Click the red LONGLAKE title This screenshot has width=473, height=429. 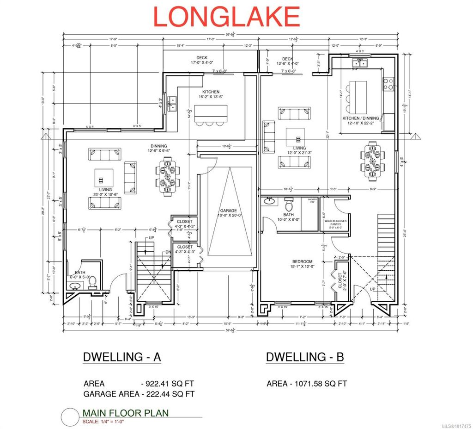coord(226,17)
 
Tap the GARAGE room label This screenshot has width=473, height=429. coord(229,212)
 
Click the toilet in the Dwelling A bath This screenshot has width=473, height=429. coord(91,282)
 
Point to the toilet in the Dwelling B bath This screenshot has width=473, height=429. coord(289,204)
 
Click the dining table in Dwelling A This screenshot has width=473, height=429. coord(166,176)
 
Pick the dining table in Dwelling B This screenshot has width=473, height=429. coord(372,162)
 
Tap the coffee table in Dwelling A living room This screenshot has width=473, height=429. coord(104,176)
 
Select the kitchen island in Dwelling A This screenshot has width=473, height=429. coord(211,113)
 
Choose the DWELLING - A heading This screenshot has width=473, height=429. coord(121,357)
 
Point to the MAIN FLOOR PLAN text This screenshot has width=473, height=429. coord(125,413)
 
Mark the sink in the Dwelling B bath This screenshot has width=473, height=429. coord(268,202)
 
